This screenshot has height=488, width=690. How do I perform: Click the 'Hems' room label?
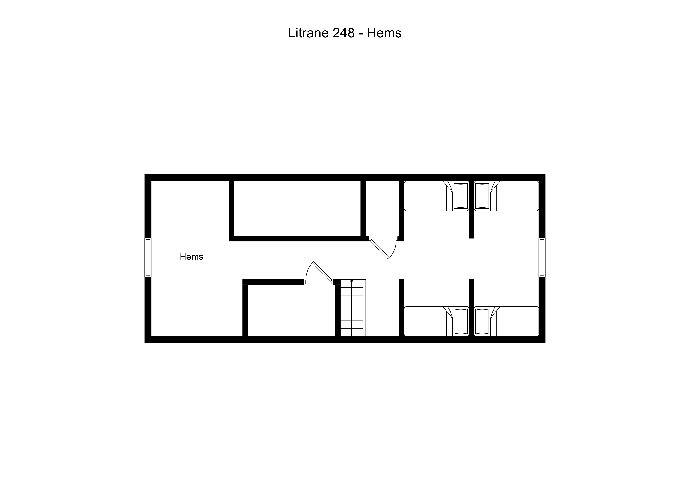[x=191, y=256]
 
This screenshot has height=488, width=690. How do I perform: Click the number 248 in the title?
[x=343, y=33]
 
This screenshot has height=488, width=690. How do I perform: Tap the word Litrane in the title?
[x=308, y=33]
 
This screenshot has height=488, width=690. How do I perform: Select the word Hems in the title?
[x=384, y=33]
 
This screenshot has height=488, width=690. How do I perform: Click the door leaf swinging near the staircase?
[x=322, y=271]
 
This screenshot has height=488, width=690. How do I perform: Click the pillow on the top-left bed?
[x=461, y=196]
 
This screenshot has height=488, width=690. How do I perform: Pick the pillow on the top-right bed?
[x=482, y=196]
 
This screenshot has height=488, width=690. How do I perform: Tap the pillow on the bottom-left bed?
[x=461, y=321]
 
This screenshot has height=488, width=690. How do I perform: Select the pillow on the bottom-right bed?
[x=482, y=321]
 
